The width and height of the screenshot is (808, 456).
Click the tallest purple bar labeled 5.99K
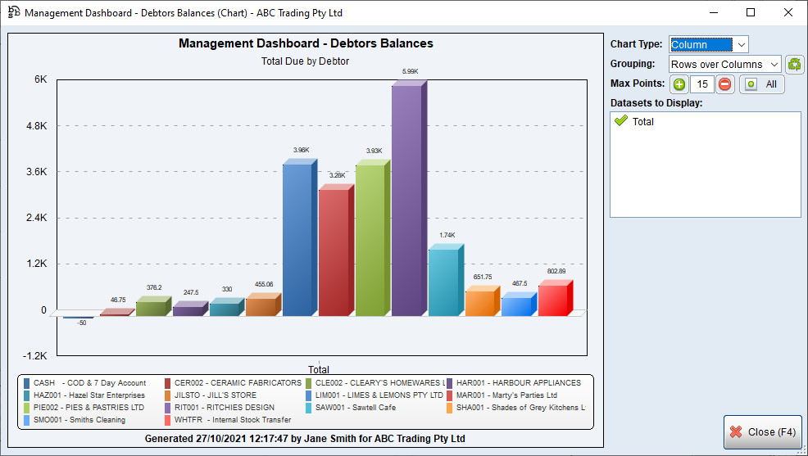pyautogui.click(x=407, y=201)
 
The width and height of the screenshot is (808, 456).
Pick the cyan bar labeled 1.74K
pyautogui.click(x=443, y=282)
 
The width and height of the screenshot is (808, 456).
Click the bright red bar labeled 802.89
pyautogui.click(x=553, y=300)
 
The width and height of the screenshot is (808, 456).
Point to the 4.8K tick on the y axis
pyautogui.click(x=35, y=126)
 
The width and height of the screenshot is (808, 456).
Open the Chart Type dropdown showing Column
pyautogui.click(x=708, y=45)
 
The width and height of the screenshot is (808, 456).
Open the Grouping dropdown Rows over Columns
pyautogui.click(x=724, y=65)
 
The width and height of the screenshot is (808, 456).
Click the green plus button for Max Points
pyautogui.click(x=679, y=84)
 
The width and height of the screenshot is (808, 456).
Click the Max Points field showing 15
pyautogui.click(x=701, y=84)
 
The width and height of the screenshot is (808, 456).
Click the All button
pyautogui.click(x=761, y=84)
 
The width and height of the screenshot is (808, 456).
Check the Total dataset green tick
pyautogui.click(x=621, y=121)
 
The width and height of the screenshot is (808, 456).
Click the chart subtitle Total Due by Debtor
pyautogui.click(x=306, y=61)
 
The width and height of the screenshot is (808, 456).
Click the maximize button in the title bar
pyautogui.click(x=751, y=12)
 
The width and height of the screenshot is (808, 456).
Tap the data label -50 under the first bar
pyautogui.click(x=81, y=323)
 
